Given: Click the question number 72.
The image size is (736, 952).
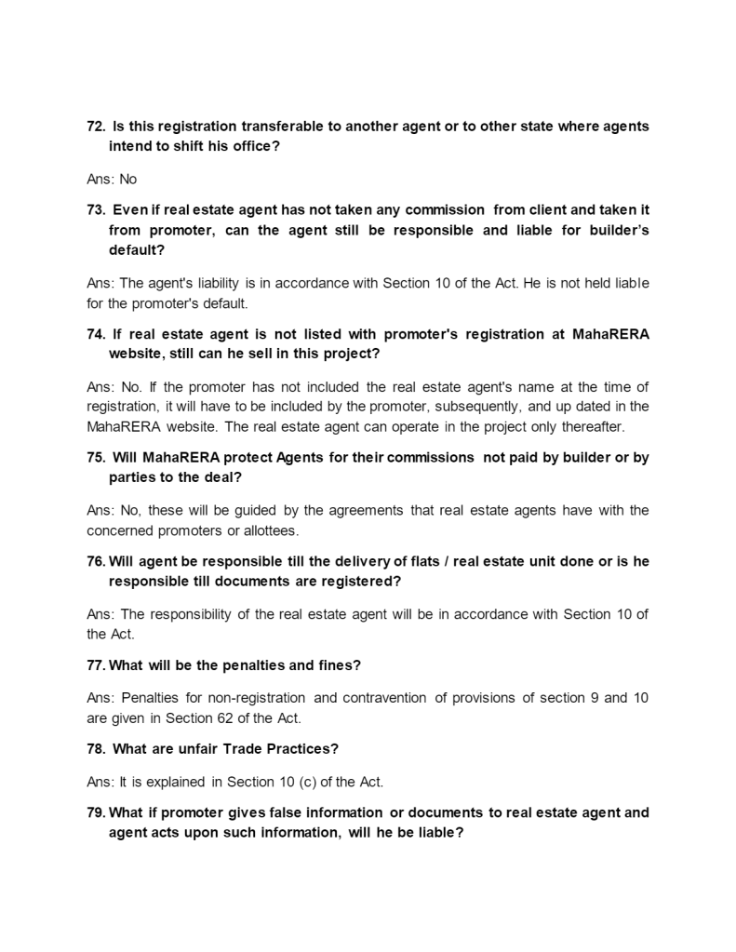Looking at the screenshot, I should (x=95, y=127).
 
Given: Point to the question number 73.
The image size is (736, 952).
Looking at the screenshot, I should (x=95, y=210).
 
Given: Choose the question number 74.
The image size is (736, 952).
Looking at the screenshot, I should (x=95, y=335).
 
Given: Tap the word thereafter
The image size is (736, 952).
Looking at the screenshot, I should (x=591, y=428).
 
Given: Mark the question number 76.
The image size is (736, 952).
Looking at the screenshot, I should (x=95, y=562).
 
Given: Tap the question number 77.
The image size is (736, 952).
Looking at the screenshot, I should (x=95, y=666).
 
